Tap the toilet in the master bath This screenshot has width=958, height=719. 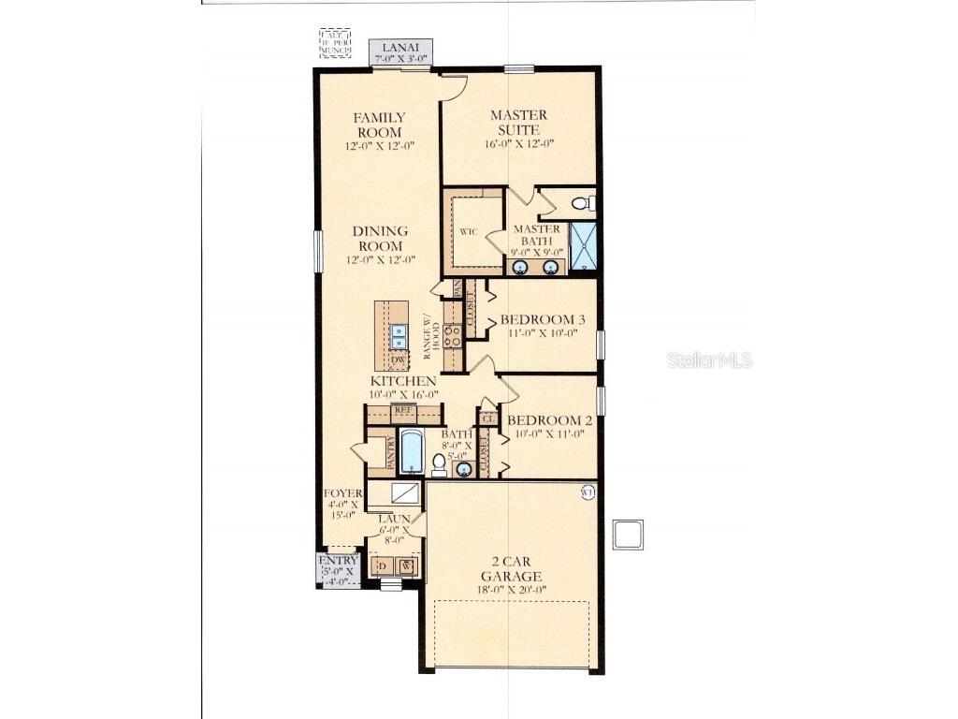click(x=580, y=202)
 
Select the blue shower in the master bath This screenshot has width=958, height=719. click(x=583, y=245)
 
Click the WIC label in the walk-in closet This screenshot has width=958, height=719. click(x=469, y=230)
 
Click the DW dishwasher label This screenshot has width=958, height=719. click(x=398, y=359)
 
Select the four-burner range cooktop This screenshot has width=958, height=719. click(x=453, y=336)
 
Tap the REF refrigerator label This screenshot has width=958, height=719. click(x=403, y=410)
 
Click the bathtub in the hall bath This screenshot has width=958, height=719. click(x=412, y=451)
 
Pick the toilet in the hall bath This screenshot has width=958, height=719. click(x=439, y=464)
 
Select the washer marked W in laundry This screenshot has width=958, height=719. click(x=406, y=565)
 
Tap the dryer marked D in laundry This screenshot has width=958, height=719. click(x=381, y=565)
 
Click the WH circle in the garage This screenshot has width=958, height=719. click(x=587, y=492)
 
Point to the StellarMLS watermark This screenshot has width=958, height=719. click(x=709, y=359)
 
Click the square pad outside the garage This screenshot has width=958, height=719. click(x=627, y=535)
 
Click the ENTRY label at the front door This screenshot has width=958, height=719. click(x=338, y=561)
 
